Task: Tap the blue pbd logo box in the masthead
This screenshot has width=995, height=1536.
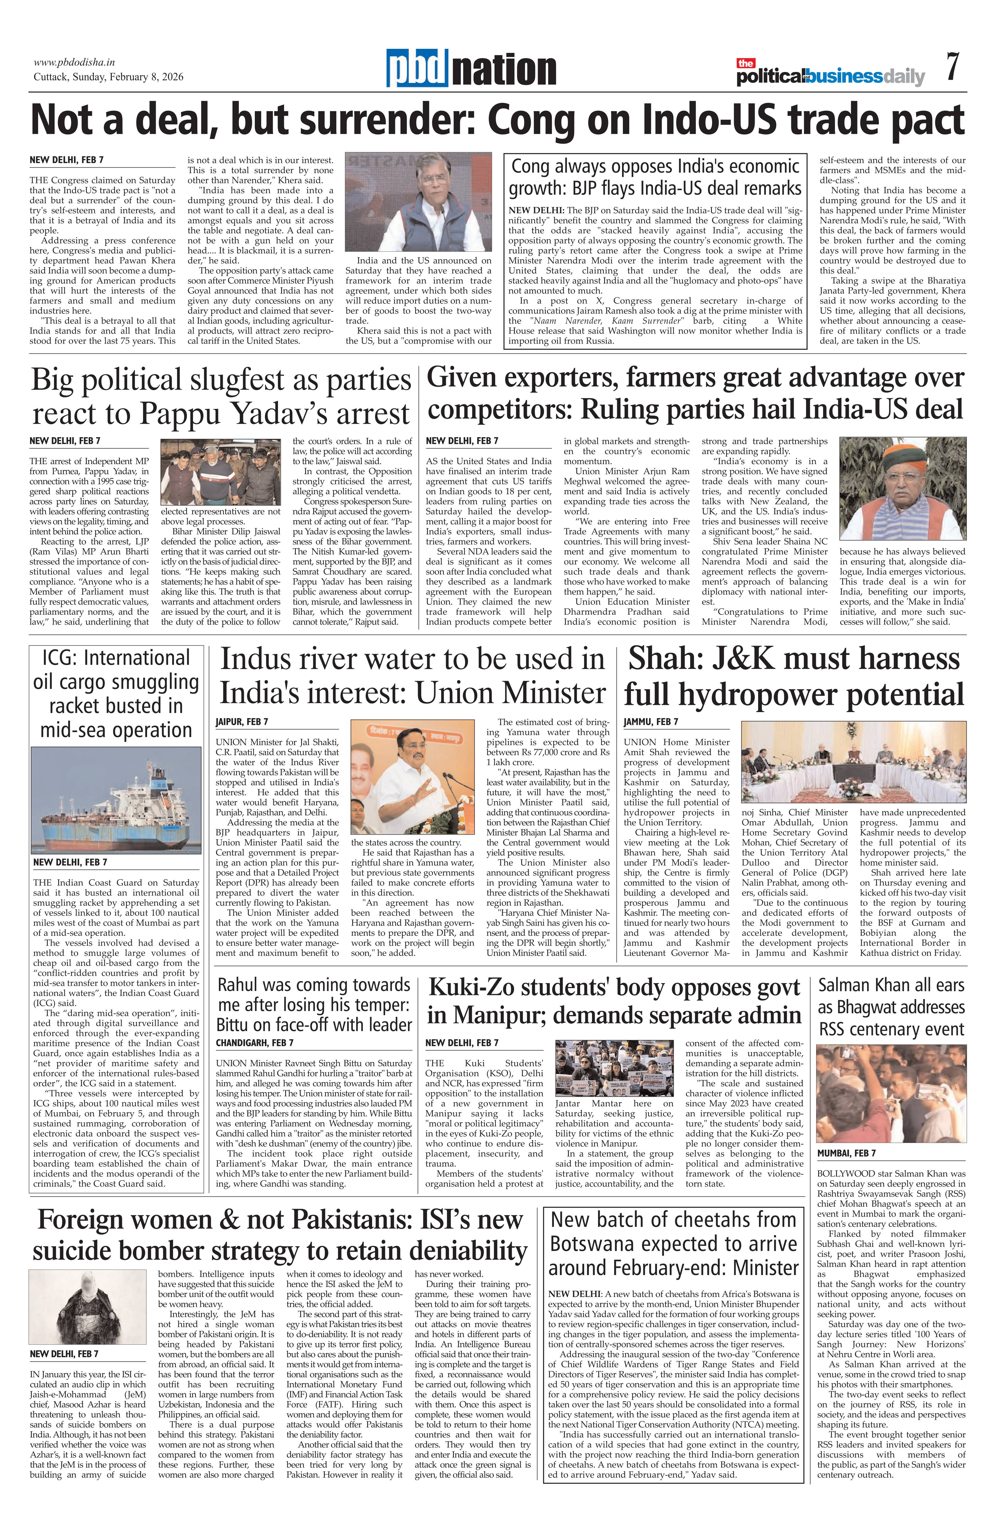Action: coord(417,68)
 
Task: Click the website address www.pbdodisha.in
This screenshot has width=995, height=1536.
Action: coord(74,63)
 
